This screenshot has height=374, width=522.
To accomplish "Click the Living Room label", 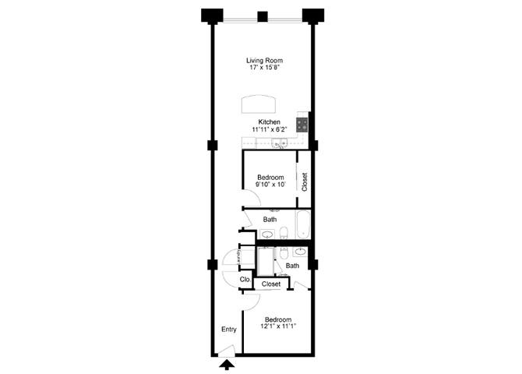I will coord(263,60).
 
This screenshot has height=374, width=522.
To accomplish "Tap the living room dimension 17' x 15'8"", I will coord(263,69).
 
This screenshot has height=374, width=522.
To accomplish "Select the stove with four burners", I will coord(302,123).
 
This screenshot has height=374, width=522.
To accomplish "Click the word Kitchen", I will coord(269,122).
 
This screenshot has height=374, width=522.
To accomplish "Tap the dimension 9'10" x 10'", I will coord(270,185).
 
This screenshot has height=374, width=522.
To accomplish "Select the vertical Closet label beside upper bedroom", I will coord(305,182).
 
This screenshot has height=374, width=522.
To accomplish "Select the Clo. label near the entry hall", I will coord(244,279).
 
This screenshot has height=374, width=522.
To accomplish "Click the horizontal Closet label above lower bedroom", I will coord(270,284).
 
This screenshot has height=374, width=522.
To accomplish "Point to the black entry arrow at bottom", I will coord(227,364).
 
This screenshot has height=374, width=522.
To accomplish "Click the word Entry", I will coord(228,330).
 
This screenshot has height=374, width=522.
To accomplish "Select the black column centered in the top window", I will coord(263,16).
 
